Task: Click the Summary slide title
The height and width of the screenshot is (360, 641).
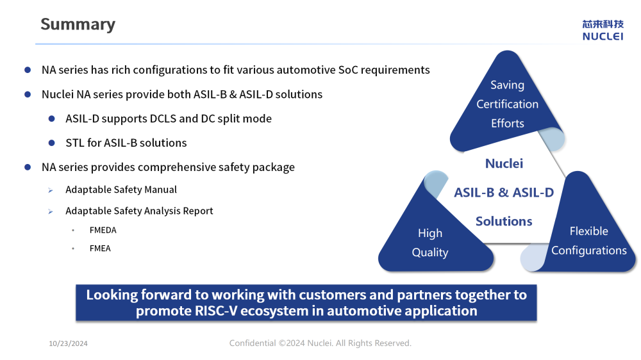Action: point(78,24)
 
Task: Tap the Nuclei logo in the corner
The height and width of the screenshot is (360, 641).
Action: point(603,30)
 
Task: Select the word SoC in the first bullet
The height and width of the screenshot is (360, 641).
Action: point(348,70)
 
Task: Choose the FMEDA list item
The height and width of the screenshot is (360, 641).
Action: point(103,230)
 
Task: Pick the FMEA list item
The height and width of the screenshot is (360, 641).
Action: point(100,249)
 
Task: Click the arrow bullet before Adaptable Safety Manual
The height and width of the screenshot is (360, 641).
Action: point(50,190)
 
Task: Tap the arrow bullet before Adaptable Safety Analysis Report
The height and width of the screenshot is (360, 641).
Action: point(50,211)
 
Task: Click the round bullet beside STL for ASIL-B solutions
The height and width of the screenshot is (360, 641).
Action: point(51,143)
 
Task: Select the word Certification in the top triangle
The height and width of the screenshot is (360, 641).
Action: point(507,104)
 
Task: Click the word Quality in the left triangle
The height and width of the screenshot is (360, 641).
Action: point(430,252)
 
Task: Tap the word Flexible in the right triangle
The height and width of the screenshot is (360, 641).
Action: point(588,231)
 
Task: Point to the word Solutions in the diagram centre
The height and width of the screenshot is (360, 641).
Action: point(504,221)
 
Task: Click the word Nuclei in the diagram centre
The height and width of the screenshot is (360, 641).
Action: point(504,163)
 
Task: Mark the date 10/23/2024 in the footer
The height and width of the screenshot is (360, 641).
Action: point(69,343)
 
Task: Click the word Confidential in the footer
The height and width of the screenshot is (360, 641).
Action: point(252,343)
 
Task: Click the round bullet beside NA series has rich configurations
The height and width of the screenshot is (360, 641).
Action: point(28,70)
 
